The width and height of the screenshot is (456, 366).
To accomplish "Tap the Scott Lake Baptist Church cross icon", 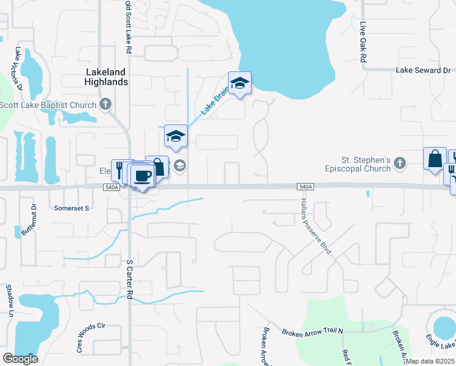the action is click(106, 104).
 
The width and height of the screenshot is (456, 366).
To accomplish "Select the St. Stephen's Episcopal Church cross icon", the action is click(400, 162).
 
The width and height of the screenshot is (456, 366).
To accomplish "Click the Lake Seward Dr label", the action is click(422, 70).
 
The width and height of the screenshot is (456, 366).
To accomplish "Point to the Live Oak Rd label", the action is click(363, 43).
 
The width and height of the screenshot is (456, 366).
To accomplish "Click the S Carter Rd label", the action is click(129, 279).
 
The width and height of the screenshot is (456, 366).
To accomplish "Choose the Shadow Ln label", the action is click(9, 296).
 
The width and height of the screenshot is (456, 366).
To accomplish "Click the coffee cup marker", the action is click(143, 176).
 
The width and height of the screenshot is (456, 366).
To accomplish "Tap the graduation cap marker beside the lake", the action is click(240, 84).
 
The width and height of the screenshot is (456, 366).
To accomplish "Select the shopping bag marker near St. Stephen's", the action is click(435, 159).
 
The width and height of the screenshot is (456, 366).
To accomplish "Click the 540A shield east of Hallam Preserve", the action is click(306, 187).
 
